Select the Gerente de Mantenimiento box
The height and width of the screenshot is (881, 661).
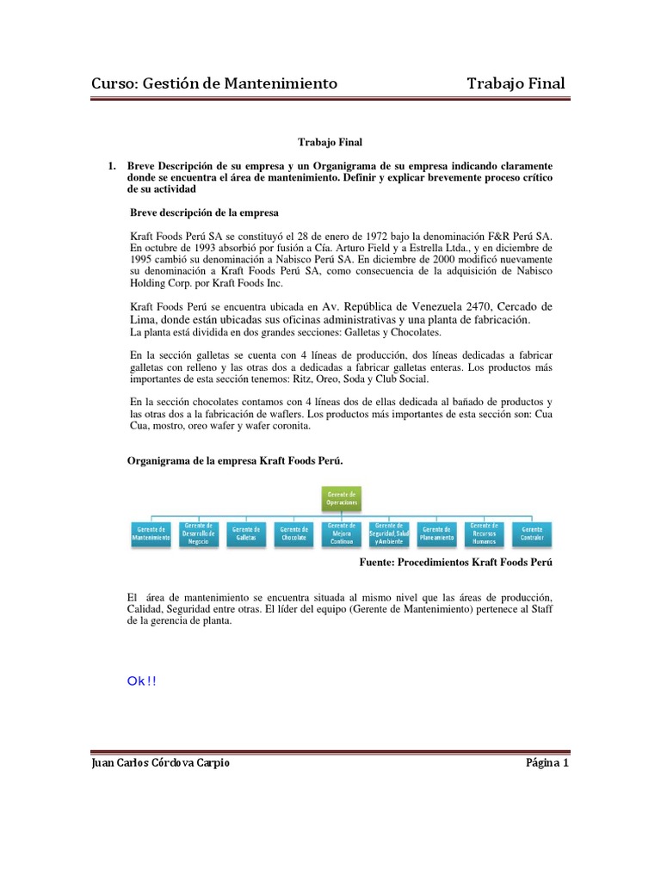[x=151, y=533]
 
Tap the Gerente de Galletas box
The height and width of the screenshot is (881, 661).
[x=246, y=533]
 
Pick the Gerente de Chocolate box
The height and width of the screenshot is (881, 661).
[x=293, y=533]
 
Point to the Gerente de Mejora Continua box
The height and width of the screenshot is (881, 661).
[x=342, y=533]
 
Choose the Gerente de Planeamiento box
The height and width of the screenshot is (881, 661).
[x=436, y=533]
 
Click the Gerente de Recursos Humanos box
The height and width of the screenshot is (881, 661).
[x=485, y=533]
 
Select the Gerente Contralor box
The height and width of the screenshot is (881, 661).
[x=532, y=533]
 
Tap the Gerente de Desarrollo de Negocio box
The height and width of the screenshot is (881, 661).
[x=198, y=533]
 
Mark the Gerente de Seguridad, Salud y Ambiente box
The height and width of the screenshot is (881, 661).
[x=389, y=533]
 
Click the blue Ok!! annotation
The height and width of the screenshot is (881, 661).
[x=141, y=681]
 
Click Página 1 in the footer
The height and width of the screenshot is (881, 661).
[x=547, y=762]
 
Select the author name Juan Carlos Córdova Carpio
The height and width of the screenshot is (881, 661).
[x=160, y=762]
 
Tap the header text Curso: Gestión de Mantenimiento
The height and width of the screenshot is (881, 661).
[x=214, y=83]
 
